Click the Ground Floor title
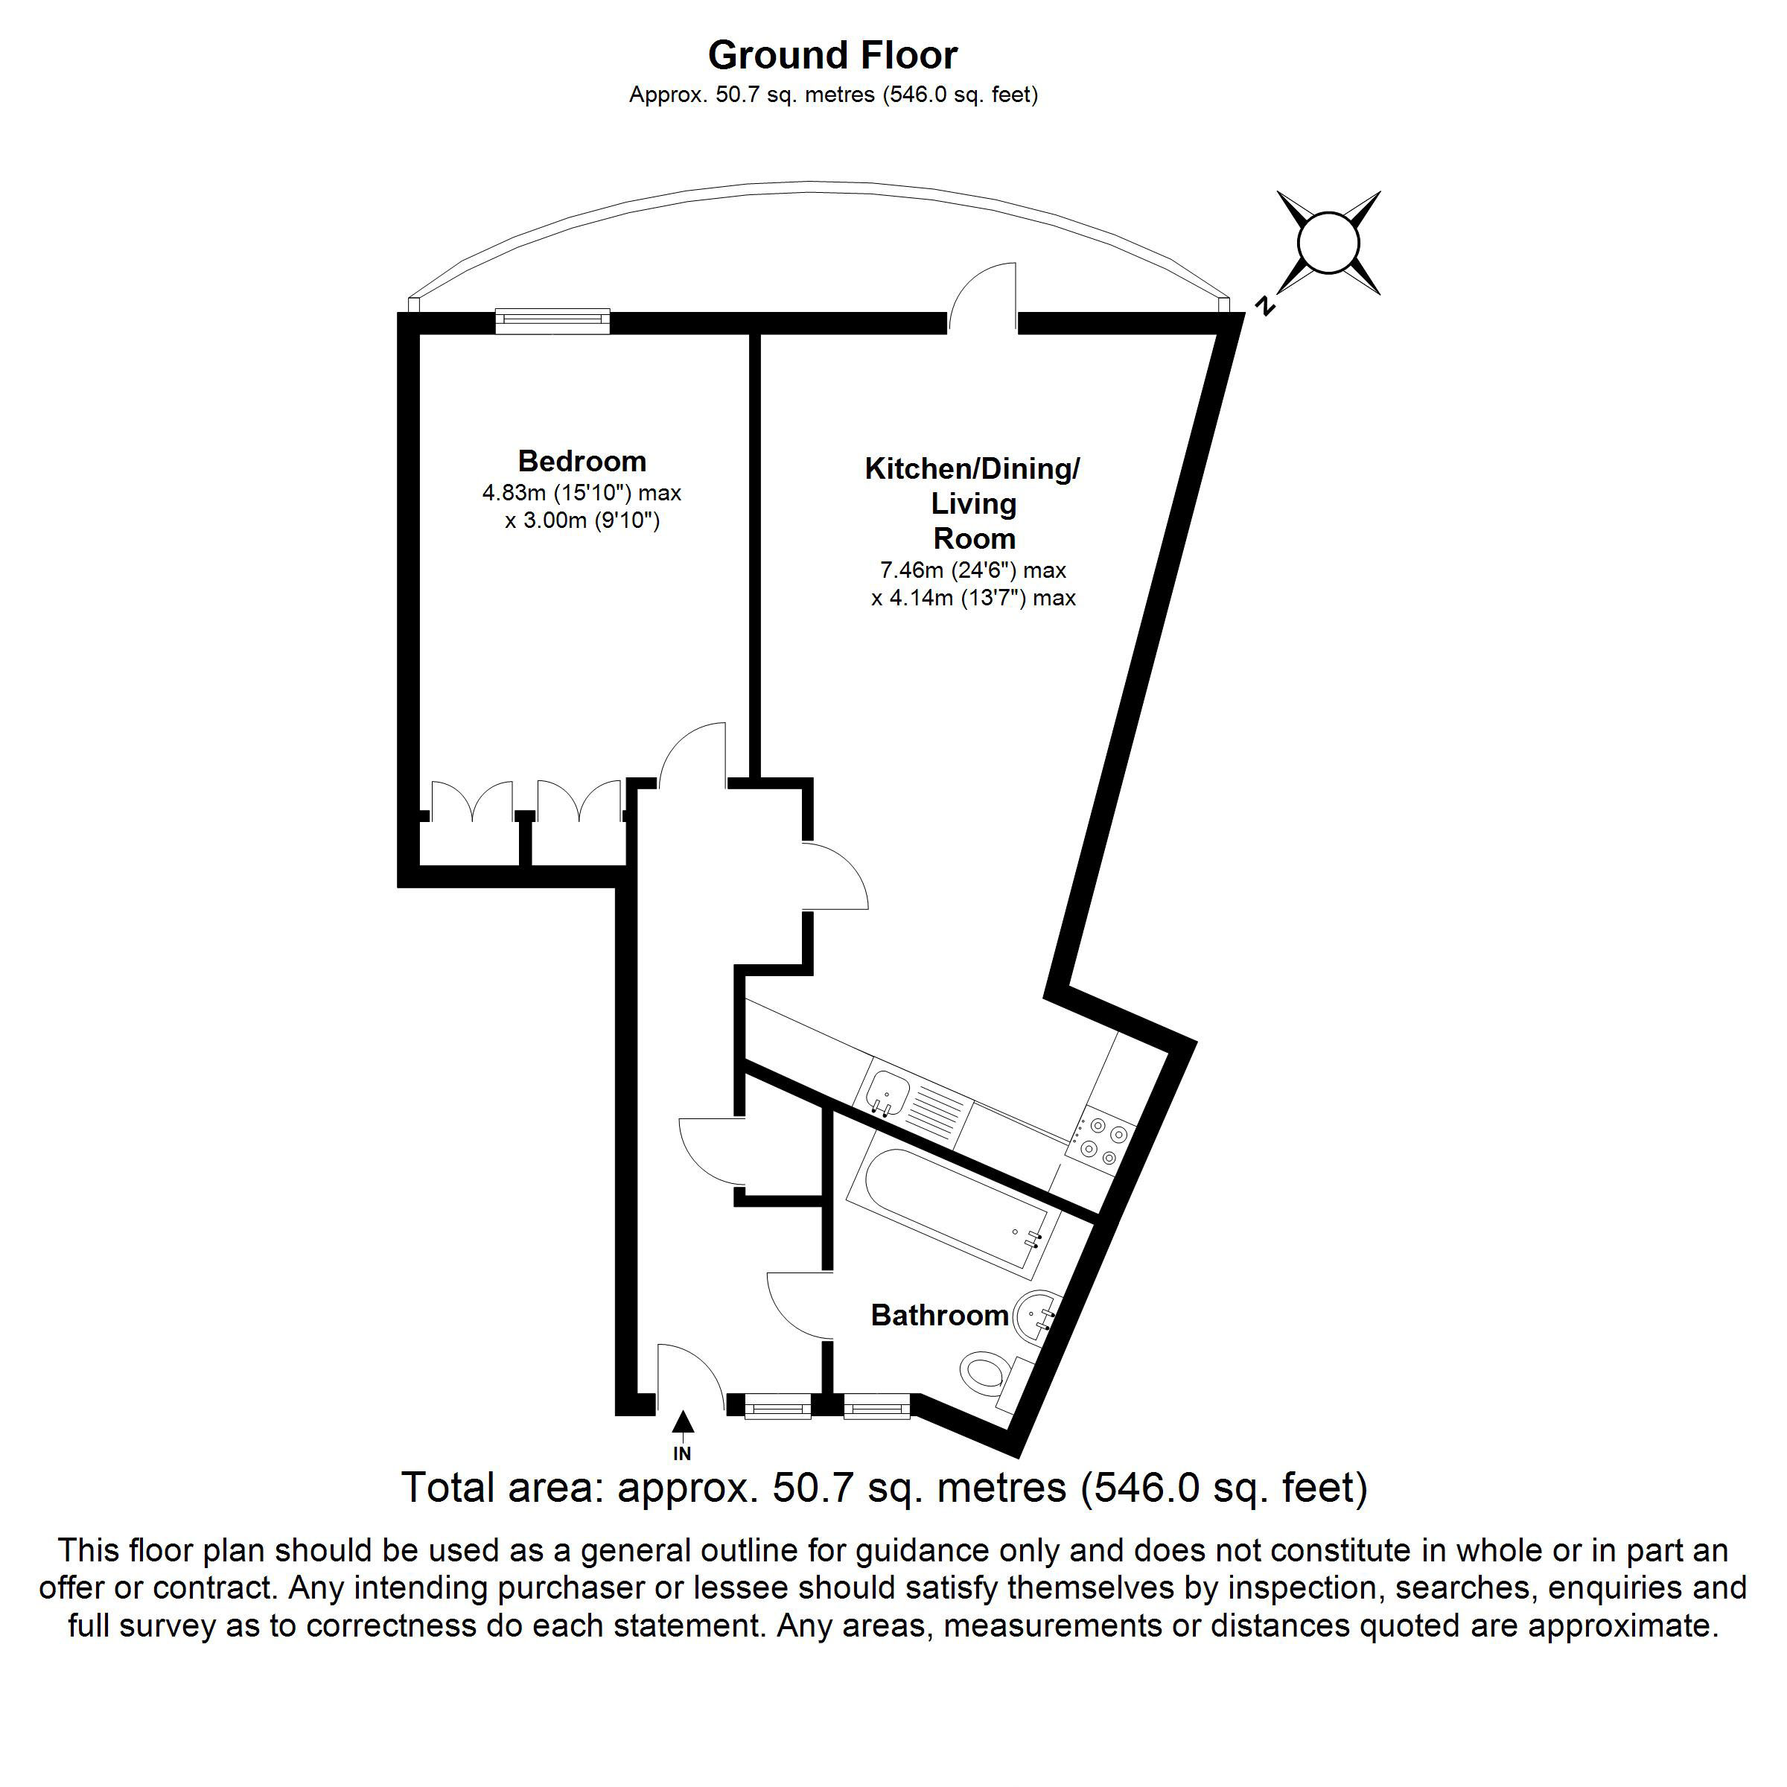point(832,56)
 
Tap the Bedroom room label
point(582,461)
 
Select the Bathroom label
point(939,1314)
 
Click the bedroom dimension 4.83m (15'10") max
point(582,493)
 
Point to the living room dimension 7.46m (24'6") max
point(973,570)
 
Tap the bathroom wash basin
point(1036,1313)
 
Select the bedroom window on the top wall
point(552,320)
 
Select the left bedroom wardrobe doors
point(472,800)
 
